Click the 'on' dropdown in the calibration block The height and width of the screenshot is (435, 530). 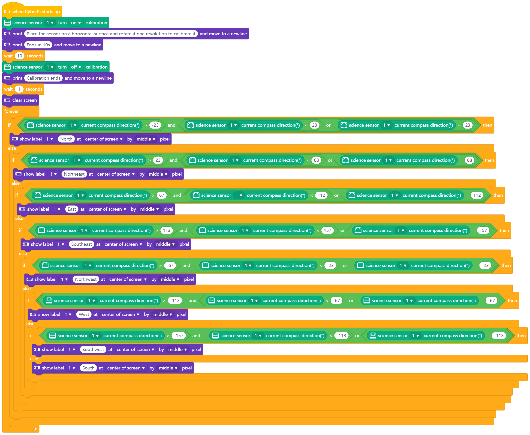76,23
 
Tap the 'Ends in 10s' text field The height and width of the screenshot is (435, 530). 38,45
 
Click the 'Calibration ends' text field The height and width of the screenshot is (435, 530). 43,78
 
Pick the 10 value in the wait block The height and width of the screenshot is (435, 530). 20,56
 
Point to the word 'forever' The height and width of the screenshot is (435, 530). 12,111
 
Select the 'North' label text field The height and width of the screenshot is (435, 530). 66,139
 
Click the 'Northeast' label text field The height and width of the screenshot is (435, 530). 74,174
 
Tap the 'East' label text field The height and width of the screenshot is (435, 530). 72,209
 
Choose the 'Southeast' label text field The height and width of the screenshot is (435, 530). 81,244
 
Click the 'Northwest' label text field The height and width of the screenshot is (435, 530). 86,279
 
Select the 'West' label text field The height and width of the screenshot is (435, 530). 84,315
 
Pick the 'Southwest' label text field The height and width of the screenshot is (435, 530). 93,350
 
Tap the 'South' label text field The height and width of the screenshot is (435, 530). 88,368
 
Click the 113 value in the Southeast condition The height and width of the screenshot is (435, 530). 167,231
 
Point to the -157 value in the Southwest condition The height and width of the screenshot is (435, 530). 179,336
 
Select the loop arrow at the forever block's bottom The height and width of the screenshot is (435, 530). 35,429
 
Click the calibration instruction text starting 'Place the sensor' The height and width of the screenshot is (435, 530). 111,34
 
